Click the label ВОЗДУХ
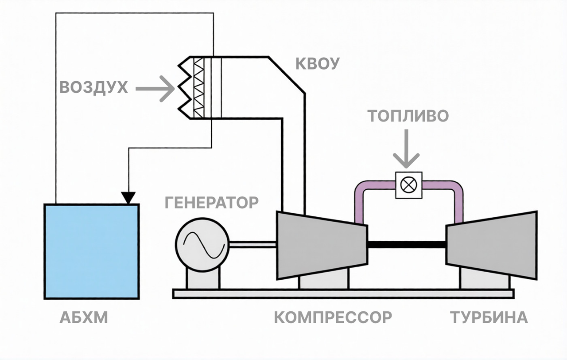click(x=93, y=88)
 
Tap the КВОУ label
click(x=318, y=63)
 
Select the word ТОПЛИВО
click(x=408, y=116)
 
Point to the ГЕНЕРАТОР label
click(x=212, y=203)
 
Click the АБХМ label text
click(x=84, y=317)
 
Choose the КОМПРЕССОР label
click(x=333, y=317)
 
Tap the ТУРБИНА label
click(x=489, y=317)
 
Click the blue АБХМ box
click(x=92, y=251)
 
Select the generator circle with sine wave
click(x=202, y=245)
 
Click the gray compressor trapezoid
click(x=322, y=245)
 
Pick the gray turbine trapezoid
click(x=492, y=245)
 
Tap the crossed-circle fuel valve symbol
click(x=408, y=185)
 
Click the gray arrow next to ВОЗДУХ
click(x=155, y=89)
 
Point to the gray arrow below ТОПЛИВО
click(x=406, y=149)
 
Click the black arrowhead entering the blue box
click(x=128, y=198)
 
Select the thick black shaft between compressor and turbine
click(x=407, y=244)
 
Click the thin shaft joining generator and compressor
click(x=252, y=244)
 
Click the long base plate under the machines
click(x=343, y=293)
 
